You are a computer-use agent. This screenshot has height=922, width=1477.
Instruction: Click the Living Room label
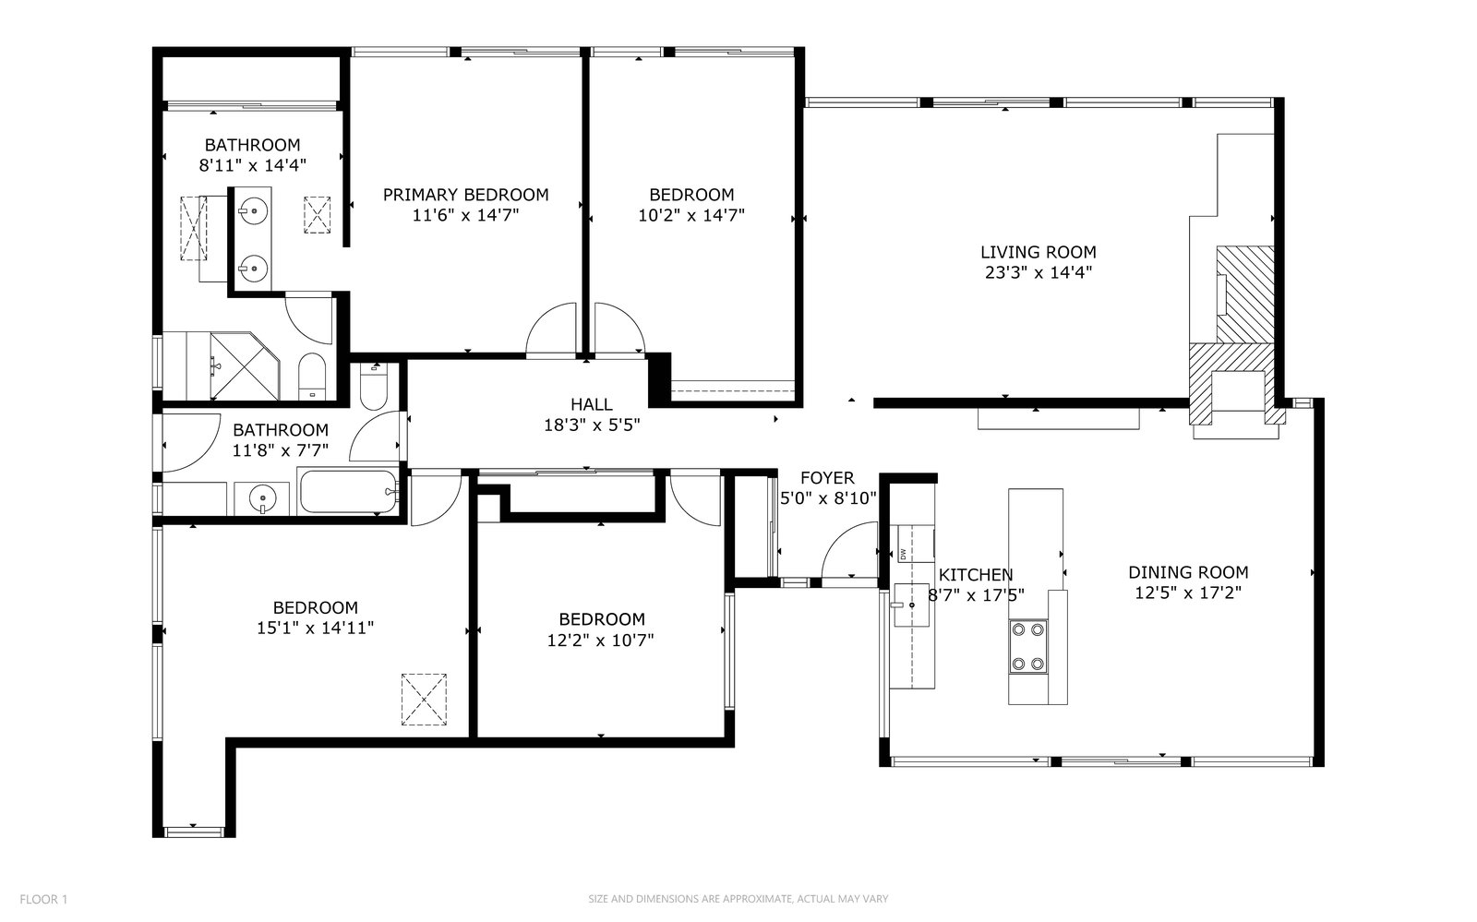coord(1038,252)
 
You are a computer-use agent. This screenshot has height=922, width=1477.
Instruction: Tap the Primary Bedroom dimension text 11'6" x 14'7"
coord(465,215)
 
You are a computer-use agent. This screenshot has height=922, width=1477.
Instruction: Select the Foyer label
coord(827,478)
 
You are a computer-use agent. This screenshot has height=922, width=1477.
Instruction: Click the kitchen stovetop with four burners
coord(1028,647)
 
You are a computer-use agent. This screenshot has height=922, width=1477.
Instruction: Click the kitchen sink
coord(911,605)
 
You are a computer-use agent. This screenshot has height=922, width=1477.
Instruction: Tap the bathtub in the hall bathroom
coord(349,491)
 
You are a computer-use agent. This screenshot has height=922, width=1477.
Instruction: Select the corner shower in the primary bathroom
coord(245,365)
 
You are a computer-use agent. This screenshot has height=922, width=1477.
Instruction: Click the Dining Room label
coord(1188,572)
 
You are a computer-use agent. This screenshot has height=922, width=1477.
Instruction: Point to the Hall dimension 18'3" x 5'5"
coord(592,425)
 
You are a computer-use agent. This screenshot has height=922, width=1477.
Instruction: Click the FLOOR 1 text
coord(43,899)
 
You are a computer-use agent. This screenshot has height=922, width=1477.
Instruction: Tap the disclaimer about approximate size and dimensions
coord(738,899)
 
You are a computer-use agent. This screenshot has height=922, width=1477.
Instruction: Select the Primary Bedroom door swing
coord(551,329)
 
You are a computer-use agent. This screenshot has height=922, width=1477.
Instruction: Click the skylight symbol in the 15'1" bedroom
coord(424,700)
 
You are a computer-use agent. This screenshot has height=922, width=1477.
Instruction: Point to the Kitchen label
coord(975,575)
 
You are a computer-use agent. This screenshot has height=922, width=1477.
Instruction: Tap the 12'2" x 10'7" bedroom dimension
coord(600,640)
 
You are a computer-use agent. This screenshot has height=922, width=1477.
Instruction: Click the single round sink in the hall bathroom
coord(262,497)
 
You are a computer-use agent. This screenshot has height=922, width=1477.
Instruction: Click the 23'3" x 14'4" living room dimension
coord(1039,272)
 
